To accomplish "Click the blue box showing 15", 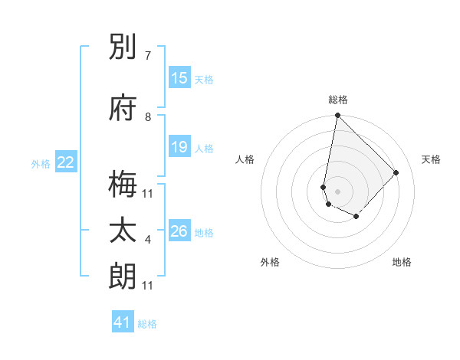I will pyautogui.click(x=179, y=78).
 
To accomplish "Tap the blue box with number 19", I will pyautogui.click(x=179, y=147).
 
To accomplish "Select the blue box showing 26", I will pyautogui.click(x=179, y=231).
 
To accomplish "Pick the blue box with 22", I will pyautogui.click(x=66, y=162).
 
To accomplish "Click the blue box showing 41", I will pyautogui.click(x=123, y=322).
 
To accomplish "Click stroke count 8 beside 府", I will pyautogui.click(x=148, y=116).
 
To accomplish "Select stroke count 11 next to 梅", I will pyautogui.click(x=148, y=193).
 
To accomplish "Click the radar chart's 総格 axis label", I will pyautogui.click(x=338, y=100).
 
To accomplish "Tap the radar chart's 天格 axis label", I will pyautogui.click(x=431, y=159).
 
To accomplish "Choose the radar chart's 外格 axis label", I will pyautogui.click(x=270, y=263).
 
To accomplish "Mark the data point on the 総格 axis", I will pyautogui.click(x=337, y=116).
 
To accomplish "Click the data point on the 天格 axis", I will pyautogui.click(x=396, y=172).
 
